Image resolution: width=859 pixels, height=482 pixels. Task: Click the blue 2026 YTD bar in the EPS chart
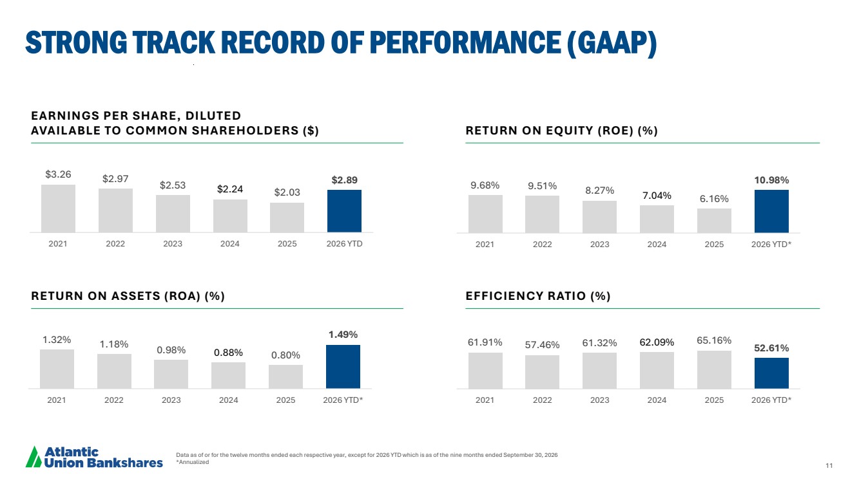(x=344, y=211)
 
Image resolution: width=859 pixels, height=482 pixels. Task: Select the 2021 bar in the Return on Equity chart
(x=485, y=214)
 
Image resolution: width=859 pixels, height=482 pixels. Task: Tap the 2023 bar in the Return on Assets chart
(x=171, y=374)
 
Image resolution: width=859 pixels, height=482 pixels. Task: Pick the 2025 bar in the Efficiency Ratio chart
(x=714, y=370)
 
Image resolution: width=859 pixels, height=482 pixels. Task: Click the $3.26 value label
(x=58, y=174)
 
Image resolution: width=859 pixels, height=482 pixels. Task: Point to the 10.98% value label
(x=771, y=180)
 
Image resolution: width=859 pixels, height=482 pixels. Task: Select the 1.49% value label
(x=343, y=335)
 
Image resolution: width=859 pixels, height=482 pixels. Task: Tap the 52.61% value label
(x=771, y=348)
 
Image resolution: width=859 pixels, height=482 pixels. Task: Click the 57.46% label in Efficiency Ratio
(x=542, y=345)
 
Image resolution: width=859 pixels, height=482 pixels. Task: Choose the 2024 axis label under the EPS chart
(x=229, y=244)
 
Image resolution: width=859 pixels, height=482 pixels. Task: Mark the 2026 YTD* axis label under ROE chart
(x=771, y=245)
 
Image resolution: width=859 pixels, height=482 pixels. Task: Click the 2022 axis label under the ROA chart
(x=114, y=400)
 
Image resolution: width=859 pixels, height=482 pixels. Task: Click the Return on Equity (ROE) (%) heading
(x=562, y=131)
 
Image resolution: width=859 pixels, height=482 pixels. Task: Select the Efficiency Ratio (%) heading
(x=538, y=296)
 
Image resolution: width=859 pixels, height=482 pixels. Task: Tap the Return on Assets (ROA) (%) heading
(x=128, y=296)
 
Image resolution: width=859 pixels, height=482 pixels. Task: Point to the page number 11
(x=829, y=465)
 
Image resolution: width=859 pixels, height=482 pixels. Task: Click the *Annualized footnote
(x=193, y=462)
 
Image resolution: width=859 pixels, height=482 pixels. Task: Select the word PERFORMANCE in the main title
(x=466, y=42)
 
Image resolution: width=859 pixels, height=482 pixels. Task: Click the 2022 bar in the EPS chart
(x=115, y=210)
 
